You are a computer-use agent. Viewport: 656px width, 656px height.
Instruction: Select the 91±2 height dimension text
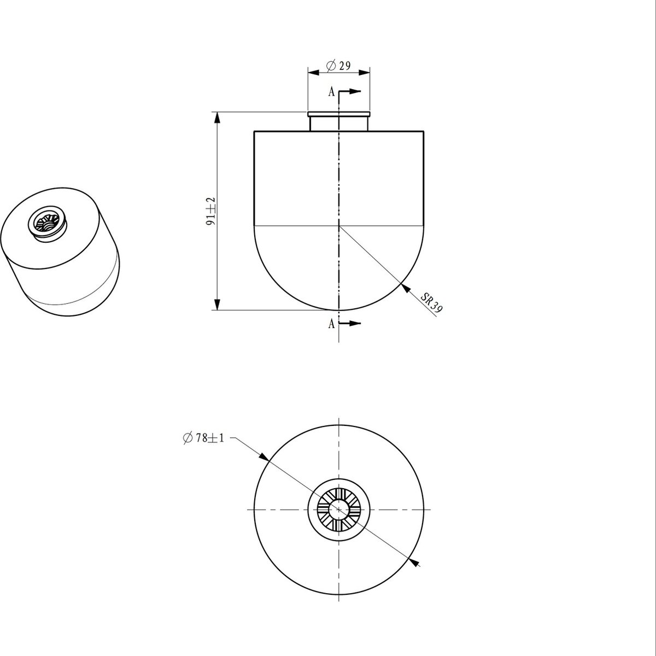[211, 211]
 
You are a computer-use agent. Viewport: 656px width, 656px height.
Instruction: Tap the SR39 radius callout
[431, 303]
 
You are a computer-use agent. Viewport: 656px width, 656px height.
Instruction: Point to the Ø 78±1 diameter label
[203, 438]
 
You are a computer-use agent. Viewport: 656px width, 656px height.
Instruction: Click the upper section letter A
[331, 92]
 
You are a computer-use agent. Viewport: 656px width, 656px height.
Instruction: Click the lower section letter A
[331, 324]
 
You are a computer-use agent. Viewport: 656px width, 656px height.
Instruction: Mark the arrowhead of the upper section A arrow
[355, 91]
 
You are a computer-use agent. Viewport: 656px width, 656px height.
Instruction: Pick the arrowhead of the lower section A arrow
[355, 323]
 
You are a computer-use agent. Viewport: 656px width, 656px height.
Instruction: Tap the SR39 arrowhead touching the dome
[406, 288]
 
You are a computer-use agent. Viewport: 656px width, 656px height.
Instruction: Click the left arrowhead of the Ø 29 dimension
[314, 72]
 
